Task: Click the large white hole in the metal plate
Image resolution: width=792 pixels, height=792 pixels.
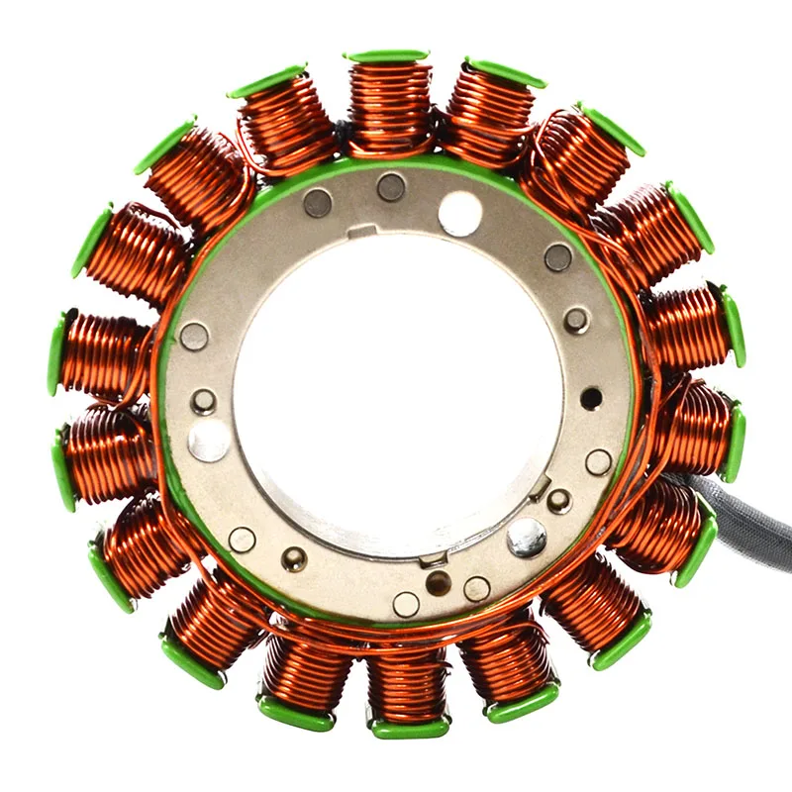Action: pyautogui.click(x=459, y=213)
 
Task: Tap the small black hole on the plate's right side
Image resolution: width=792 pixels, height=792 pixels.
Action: pyautogui.click(x=591, y=398)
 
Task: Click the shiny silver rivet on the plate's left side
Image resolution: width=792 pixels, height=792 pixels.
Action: pyautogui.click(x=208, y=441)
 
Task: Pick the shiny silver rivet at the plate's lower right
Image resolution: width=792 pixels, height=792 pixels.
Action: pyautogui.click(x=527, y=537)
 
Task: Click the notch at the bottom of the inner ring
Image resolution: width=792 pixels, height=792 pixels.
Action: pyautogui.click(x=432, y=561)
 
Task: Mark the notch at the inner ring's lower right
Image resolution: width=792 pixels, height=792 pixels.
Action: pyautogui.click(x=540, y=486)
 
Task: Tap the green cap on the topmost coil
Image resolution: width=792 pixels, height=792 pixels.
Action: pyautogui.click(x=387, y=55)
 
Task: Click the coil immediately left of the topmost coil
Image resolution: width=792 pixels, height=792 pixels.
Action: pyautogui.click(x=286, y=123)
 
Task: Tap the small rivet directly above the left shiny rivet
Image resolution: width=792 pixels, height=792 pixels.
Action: pyautogui.click(x=204, y=401)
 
